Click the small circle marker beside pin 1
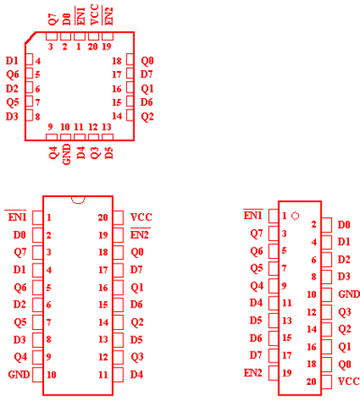pyautogui.click(x=295, y=216)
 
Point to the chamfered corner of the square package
pyautogui.click(x=31, y=38)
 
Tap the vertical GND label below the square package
pyautogui.click(x=67, y=154)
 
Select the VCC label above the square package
pyautogui.click(x=94, y=14)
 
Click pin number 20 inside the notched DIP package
pyautogui.click(x=103, y=218)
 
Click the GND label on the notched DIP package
pyautogui.click(x=19, y=374)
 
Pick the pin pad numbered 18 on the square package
pyautogui.click(x=130, y=59)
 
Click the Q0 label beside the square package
pyautogui.click(x=148, y=61)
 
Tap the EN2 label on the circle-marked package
pyautogui.click(x=253, y=373)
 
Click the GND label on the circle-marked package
pyautogui.click(x=349, y=294)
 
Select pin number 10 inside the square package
pyautogui.click(x=65, y=127)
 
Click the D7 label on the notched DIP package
pyautogui.click(x=136, y=270)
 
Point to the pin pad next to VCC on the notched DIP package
pyautogui.click(x=118, y=218)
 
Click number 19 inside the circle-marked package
pyautogui.click(x=287, y=373)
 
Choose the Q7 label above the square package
pyautogui.click(x=52, y=19)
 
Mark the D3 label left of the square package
pyautogui.click(x=12, y=116)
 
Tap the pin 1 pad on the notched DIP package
pyautogui.click(x=38, y=218)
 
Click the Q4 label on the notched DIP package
pyautogui.click(x=21, y=357)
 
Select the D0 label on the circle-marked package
pyautogui.click(x=344, y=225)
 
